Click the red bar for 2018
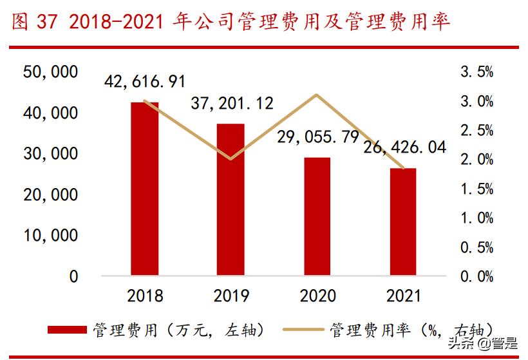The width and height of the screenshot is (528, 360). point(144,189)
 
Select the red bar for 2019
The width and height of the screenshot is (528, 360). point(231,200)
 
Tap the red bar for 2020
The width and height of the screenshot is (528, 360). point(316,216)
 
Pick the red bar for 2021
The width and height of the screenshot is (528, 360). point(402,222)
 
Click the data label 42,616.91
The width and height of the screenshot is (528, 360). point(146,82)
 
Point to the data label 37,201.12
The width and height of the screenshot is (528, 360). point(232,103)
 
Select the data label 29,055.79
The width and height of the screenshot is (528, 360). point(317,137)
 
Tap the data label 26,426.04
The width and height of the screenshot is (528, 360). point(404,147)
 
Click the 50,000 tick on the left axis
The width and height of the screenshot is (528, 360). point(51,71)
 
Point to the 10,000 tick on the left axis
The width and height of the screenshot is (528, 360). point(51,235)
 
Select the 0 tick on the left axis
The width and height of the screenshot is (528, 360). point(73,276)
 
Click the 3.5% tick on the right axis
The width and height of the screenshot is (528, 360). point(476,72)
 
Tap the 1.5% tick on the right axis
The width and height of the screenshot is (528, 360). point(476,189)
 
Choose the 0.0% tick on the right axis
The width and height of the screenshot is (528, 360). point(476,277)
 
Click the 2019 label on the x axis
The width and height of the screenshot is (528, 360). point(231,296)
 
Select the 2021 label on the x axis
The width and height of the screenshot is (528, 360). point(402,296)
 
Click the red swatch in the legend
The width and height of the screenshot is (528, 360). point(68,330)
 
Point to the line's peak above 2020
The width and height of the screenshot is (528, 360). point(316,95)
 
